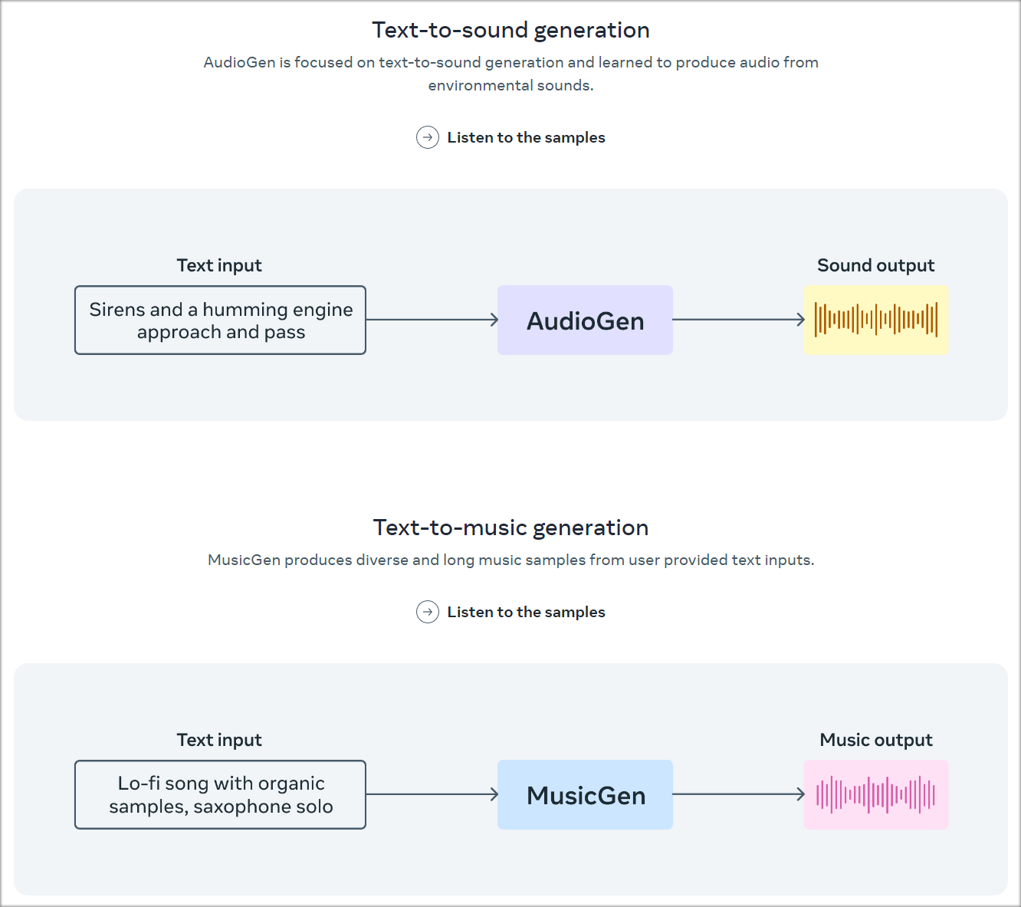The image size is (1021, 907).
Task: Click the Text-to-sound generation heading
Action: click(510, 30)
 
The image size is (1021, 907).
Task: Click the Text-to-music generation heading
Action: click(510, 527)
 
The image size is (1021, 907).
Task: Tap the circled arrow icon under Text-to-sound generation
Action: click(428, 137)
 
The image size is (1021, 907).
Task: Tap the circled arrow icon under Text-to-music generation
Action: click(428, 612)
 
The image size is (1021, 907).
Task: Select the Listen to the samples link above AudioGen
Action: click(526, 137)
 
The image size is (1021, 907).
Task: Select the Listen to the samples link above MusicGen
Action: click(526, 612)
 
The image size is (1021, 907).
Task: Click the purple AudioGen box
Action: click(585, 320)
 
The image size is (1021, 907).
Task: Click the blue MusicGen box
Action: click(585, 795)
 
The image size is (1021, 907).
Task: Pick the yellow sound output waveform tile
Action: click(875, 320)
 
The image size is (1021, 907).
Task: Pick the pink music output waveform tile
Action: click(875, 795)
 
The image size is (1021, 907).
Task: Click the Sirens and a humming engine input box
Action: click(220, 320)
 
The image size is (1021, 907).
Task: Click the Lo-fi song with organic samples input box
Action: click(220, 795)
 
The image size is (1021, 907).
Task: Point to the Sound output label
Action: click(875, 265)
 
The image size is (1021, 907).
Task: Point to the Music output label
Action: click(875, 740)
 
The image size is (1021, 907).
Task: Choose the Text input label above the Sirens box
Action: click(219, 265)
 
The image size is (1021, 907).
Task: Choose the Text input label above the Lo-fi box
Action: click(219, 740)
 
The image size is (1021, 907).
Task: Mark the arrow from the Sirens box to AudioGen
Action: click(432, 320)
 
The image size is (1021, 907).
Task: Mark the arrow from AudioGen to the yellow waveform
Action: click(738, 320)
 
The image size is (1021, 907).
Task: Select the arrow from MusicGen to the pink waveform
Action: click(738, 794)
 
